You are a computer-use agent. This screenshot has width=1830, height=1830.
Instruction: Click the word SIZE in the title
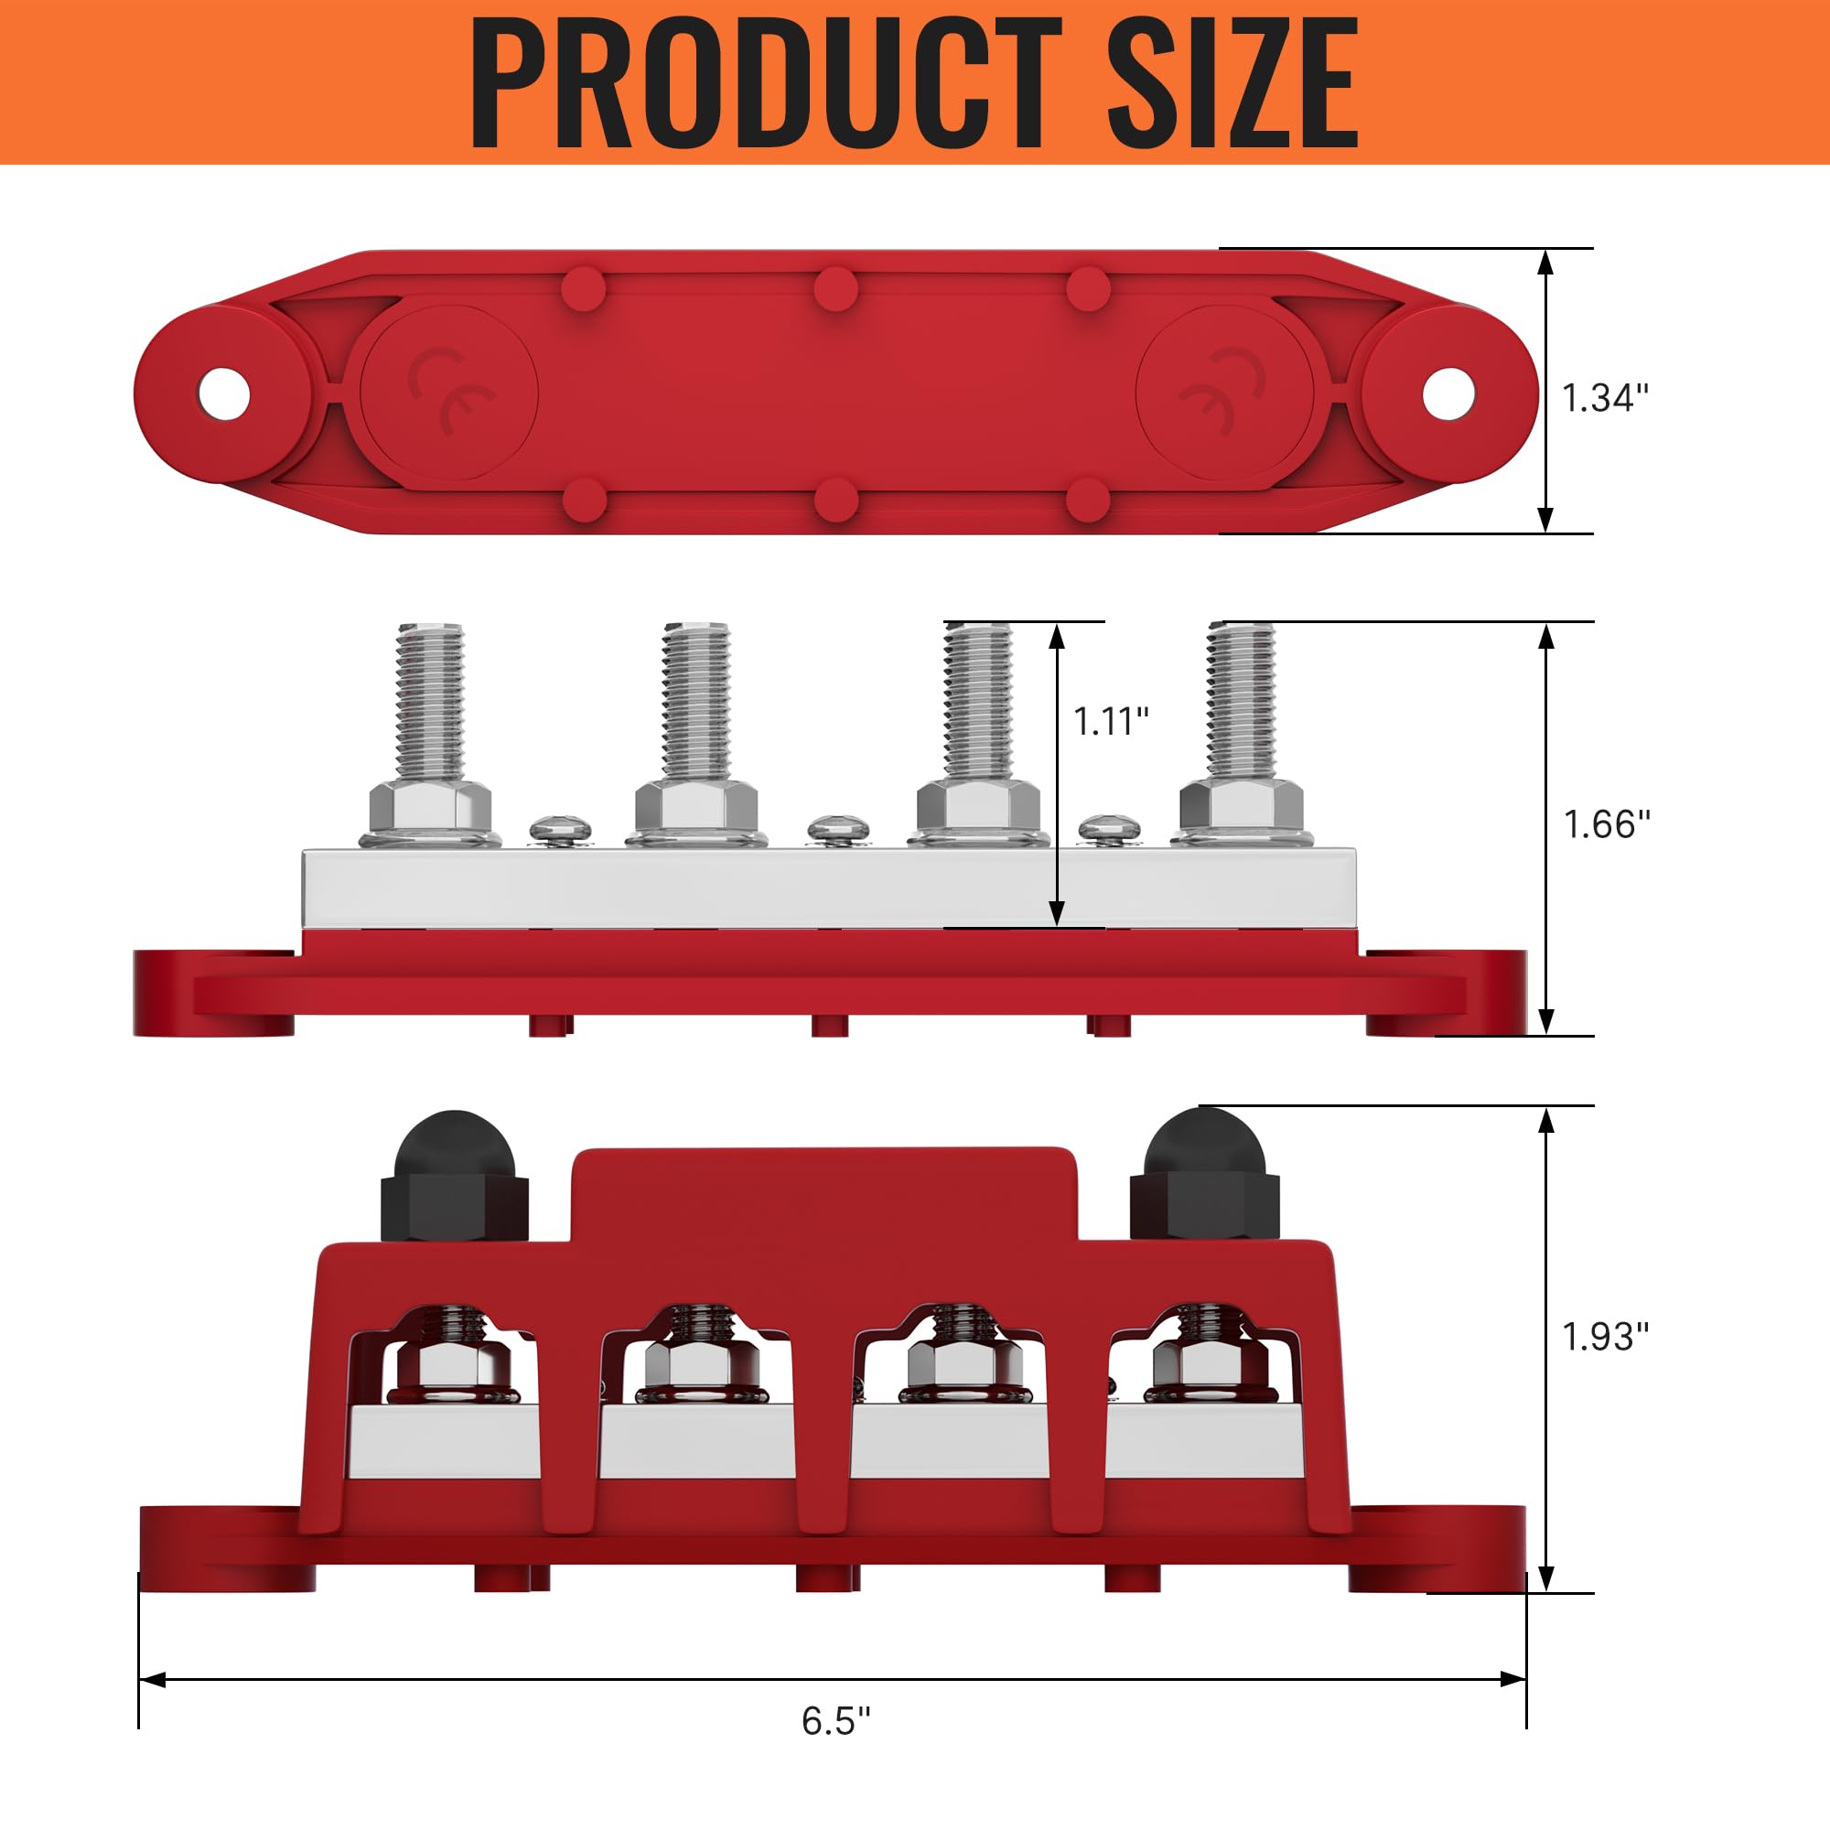tap(1232, 83)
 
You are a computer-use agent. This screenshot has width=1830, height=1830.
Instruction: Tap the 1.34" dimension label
tap(1605, 398)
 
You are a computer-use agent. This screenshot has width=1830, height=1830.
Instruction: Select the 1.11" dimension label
tap(1110, 722)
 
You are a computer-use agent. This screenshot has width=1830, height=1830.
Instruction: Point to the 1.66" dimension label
tap(1607, 824)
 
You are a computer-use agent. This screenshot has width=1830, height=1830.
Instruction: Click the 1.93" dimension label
tap(1605, 1337)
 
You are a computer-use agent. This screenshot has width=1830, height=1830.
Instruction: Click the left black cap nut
tap(455, 1179)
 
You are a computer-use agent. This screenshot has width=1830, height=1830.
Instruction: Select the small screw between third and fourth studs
tap(1109, 827)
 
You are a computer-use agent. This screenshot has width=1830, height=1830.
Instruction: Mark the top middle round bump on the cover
tap(835, 287)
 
